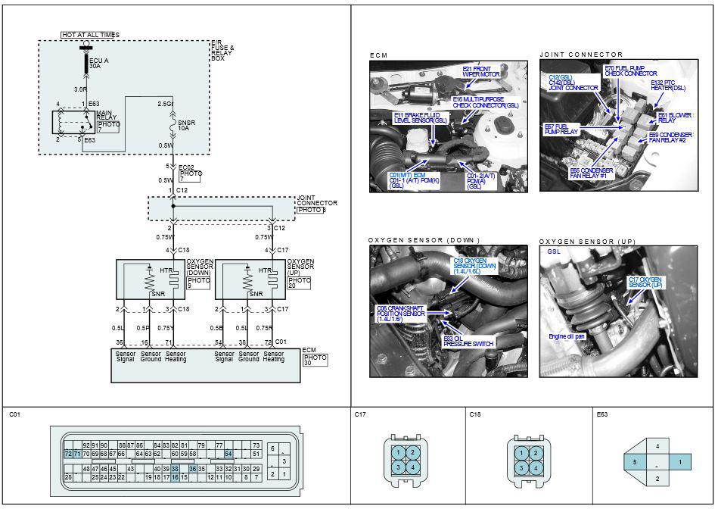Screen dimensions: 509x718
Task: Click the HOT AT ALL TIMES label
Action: click(90, 35)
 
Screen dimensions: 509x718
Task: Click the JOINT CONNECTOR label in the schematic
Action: click(316, 203)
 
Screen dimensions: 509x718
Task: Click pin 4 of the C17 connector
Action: click(413, 467)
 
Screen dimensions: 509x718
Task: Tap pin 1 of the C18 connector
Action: click(522, 452)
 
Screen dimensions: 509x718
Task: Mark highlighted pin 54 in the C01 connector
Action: click(228, 453)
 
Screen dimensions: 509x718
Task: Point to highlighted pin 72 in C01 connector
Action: click(68, 453)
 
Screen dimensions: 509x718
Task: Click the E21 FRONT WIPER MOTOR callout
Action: click(481, 72)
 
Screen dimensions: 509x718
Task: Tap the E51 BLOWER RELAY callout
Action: click(674, 118)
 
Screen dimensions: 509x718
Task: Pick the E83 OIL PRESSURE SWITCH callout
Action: click(468, 342)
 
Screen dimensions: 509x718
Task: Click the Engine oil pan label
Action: click(567, 336)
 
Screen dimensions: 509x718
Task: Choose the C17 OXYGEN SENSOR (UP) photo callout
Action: click(645, 282)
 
